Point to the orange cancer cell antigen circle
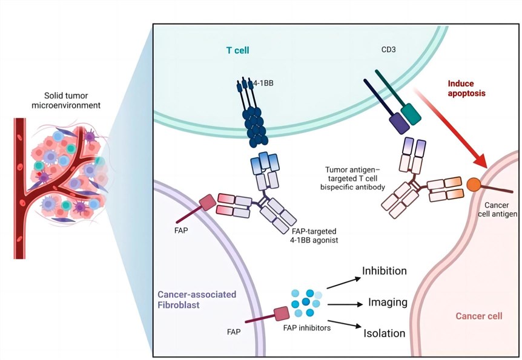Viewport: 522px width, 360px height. [x=474, y=183]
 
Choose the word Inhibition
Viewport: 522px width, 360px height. [x=385, y=270]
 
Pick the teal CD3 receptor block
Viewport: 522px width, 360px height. [x=414, y=113]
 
